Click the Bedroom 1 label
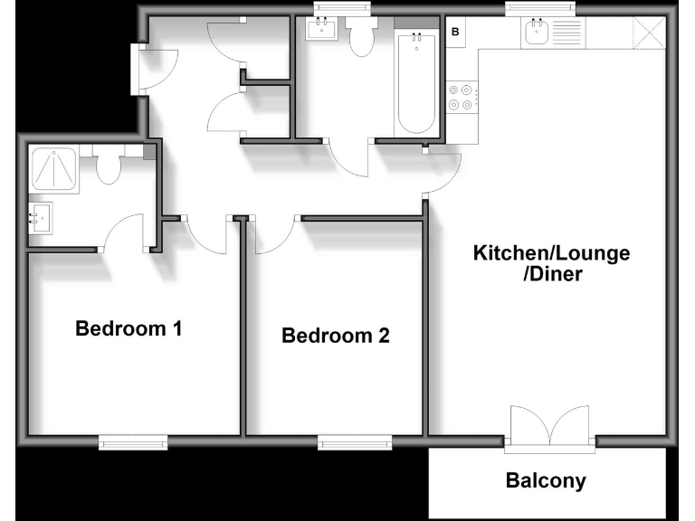(x=129, y=328)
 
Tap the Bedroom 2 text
(x=336, y=336)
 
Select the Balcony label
(x=546, y=480)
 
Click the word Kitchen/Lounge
(x=551, y=252)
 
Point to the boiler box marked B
(x=455, y=32)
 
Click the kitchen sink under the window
(x=536, y=34)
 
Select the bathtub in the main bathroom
(x=417, y=81)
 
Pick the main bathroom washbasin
(x=322, y=31)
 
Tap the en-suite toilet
(x=109, y=167)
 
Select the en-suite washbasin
(x=41, y=218)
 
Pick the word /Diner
(x=551, y=274)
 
